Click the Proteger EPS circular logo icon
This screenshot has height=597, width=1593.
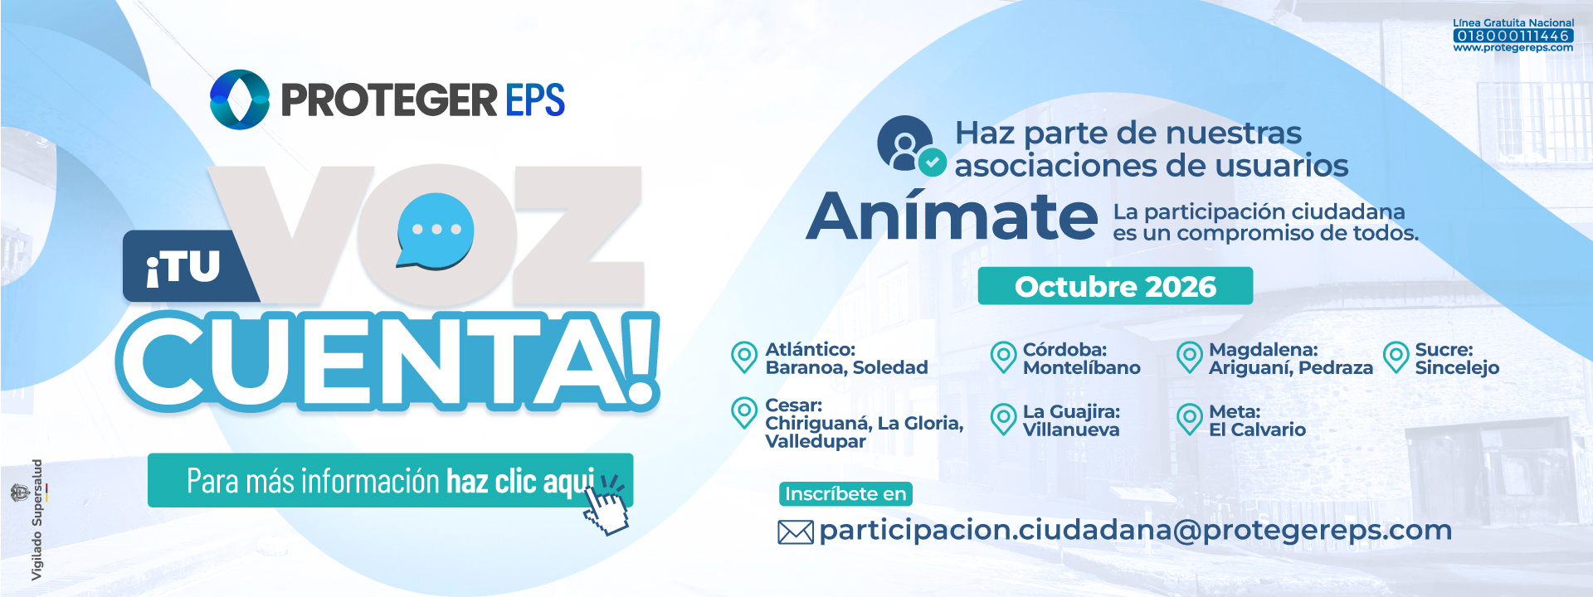click(240, 99)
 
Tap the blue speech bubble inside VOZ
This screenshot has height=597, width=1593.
click(435, 231)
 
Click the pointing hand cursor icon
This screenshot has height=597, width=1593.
click(607, 505)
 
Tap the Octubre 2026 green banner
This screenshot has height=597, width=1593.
click(1115, 286)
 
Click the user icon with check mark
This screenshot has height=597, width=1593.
click(911, 145)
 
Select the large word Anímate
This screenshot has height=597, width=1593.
click(952, 216)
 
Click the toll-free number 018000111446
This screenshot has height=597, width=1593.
click(1513, 36)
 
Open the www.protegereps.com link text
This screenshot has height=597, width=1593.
click(1513, 48)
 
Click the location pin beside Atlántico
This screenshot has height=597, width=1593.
click(744, 357)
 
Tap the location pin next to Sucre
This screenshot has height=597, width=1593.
click(1396, 357)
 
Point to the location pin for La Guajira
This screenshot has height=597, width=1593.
click(1004, 420)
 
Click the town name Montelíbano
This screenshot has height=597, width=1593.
click(1081, 368)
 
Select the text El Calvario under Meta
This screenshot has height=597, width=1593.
click(1257, 430)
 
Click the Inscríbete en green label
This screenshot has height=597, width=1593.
click(845, 494)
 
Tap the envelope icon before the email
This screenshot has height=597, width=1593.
click(796, 532)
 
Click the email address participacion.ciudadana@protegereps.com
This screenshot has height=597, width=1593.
click(1135, 531)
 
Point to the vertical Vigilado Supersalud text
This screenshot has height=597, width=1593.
click(37, 520)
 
